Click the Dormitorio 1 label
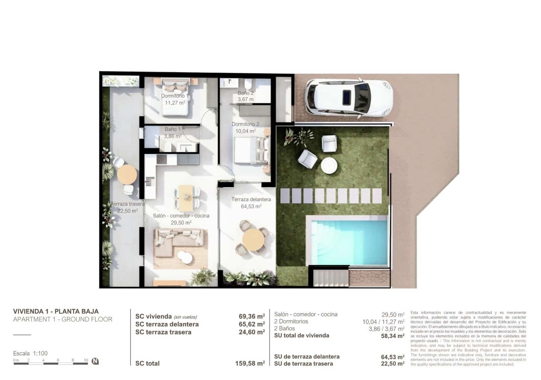175,96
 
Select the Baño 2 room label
245,93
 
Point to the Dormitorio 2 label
245,124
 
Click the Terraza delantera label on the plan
251,199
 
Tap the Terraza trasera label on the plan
127,204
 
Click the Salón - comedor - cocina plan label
181,216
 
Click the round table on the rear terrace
127,174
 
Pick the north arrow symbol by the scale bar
95,361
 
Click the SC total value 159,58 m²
250,363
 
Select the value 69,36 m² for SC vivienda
252,316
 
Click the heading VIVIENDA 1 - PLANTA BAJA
56,311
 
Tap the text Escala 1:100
30,353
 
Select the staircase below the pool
330,278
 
